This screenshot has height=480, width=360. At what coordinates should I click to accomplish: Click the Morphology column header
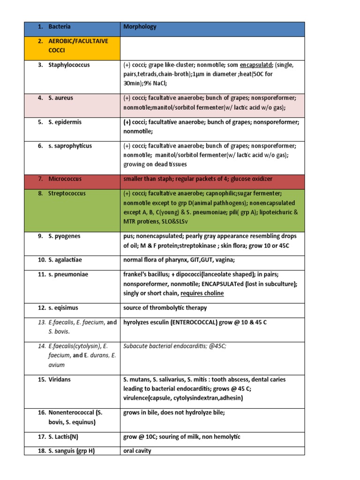(140, 27)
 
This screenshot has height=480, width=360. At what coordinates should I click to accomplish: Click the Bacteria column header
(60, 27)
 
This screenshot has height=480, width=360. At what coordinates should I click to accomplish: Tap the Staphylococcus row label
(69, 65)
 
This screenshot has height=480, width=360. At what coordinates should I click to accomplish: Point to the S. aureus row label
(61, 98)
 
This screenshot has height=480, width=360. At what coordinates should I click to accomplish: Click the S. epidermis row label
(65, 122)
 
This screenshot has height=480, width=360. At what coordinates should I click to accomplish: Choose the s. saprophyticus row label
(70, 146)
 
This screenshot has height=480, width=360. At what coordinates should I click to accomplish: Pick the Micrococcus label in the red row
(65, 179)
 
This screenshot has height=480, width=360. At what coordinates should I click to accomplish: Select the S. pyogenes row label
(64, 236)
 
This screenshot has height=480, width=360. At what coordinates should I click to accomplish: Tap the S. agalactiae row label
(67, 260)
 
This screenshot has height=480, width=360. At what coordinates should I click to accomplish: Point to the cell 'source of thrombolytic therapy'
(165, 308)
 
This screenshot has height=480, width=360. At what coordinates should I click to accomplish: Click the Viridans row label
(60, 380)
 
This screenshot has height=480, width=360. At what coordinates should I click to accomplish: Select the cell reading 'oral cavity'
(137, 451)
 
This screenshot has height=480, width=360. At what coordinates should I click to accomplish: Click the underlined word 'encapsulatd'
(257, 65)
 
